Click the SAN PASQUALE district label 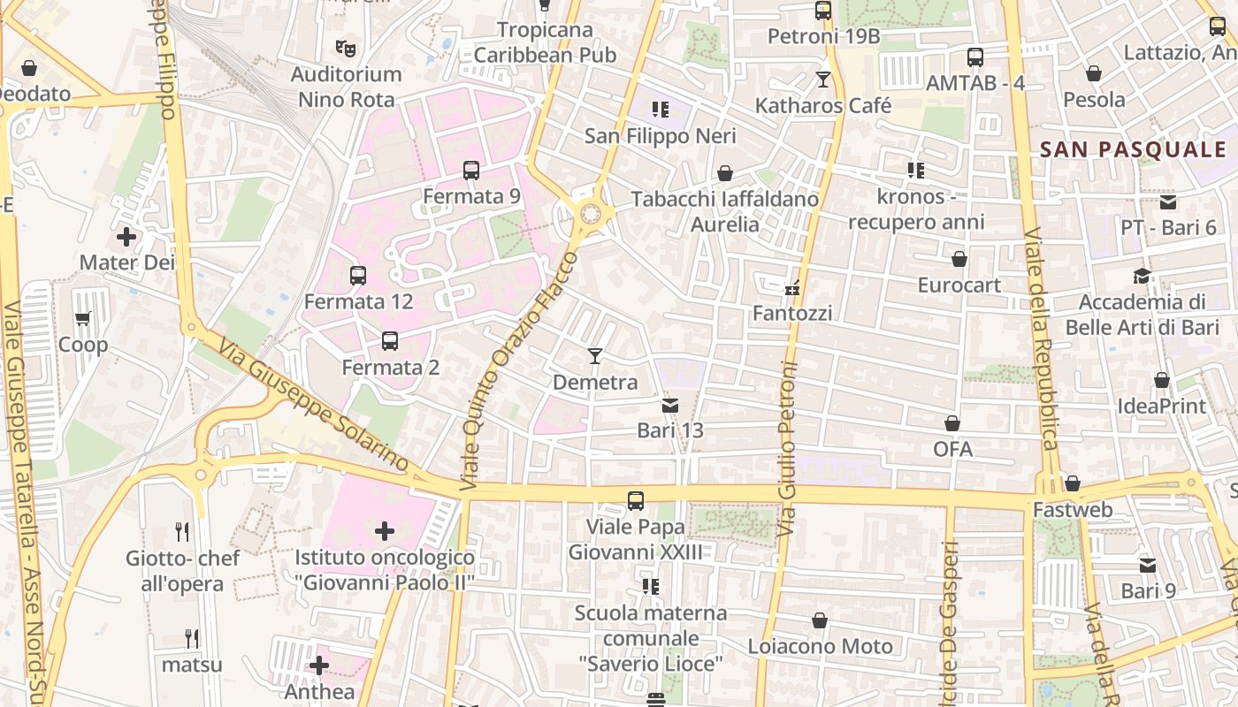[1133, 149]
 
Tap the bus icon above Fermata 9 [471, 171]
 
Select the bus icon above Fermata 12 [358, 276]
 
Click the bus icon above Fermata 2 [390, 341]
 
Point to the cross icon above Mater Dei [126, 237]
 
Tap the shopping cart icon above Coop [83, 319]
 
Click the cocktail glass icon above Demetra [595, 356]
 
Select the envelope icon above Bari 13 [670, 406]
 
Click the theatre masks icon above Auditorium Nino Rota [346, 48]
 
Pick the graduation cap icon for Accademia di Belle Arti [1142, 276]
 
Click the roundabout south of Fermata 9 [591, 213]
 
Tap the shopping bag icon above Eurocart [959, 260]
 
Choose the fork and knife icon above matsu [191, 638]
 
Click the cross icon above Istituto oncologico [385, 531]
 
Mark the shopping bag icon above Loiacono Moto [820, 620]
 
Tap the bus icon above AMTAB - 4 [975, 57]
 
